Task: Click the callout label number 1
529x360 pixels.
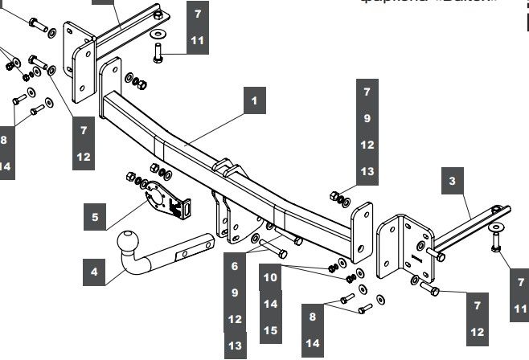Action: [254, 102]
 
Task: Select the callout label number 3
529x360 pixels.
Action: [453, 182]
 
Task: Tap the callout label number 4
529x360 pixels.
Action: [94, 272]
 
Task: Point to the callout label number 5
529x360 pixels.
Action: [95, 216]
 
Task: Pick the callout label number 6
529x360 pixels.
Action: [235, 265]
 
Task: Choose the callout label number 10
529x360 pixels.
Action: [271, 277]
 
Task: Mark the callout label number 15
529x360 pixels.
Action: [271, 329]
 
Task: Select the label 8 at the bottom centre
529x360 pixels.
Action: [313, 317]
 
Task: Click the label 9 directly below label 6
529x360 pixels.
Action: [235, 292]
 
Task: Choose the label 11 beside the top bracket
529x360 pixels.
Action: [198, 40]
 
